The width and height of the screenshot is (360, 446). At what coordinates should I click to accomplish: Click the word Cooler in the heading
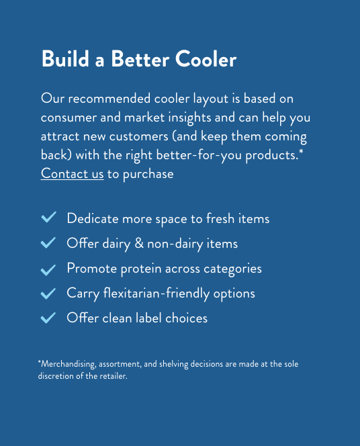pyautogui.click(x=206, y=59)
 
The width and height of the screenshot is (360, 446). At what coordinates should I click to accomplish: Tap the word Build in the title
pyautogui.click(x=65, y=58)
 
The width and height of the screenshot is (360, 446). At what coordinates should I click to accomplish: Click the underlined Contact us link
pyautogui.click(x=73, y=173)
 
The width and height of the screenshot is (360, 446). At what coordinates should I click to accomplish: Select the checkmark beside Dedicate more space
pyautogui.click(x=48, y=218)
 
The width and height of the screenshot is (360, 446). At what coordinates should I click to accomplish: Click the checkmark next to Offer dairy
pyautogui.click(x=48, y=242)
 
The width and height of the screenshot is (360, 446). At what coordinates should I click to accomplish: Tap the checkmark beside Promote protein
pyautogui.click(x=48, y=270)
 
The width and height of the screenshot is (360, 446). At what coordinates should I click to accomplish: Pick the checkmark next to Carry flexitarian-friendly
pyautogui.click(x=48, y=294)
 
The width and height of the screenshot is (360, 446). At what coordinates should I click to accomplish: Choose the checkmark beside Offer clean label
pyautogui.click(x=48, y=318)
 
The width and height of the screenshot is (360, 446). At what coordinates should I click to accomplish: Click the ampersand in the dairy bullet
pyautogui.click(x=139, y=243)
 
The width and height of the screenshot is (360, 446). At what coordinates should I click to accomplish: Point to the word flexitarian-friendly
pyautogui.click(x=156, y=294)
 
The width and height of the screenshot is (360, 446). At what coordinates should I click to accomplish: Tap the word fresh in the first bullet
pyautogui.click(x=220, y=218)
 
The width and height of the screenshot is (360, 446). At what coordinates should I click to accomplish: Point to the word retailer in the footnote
pyautogui.click(x=114, y=376)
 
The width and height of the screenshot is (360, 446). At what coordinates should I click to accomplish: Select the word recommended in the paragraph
pyautogui.click(x=109, y=99)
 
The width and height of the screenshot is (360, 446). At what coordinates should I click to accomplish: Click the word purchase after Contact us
pyautogui.click(x=148, y=174)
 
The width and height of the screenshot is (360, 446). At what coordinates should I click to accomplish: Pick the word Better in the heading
pyautogui.click(x=140, y=59)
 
